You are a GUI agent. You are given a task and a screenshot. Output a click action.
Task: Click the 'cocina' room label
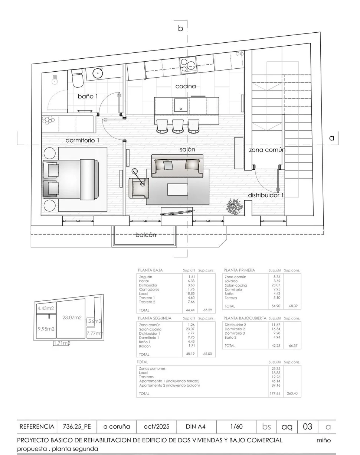pos(186,86)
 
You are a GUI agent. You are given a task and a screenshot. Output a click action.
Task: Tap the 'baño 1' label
pos(88,96)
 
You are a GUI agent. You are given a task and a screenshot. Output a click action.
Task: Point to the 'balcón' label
pos(146,235)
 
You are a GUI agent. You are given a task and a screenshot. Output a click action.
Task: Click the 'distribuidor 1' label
pos(266,195)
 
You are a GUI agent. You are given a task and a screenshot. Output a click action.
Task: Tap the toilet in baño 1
pos(77,78)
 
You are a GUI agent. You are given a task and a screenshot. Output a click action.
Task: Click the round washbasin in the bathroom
pos(98,73)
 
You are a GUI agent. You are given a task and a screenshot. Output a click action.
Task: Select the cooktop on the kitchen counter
pos(189,65)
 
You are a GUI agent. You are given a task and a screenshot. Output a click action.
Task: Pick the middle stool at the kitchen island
pos(178,126)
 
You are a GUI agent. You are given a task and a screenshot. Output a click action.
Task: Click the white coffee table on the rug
pos(177,189)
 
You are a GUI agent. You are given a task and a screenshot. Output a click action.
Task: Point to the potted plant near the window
pos(234,206)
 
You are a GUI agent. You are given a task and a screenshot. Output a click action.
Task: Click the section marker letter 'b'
pos(181,28)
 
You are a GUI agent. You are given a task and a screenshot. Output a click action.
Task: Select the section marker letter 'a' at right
pos(332,138)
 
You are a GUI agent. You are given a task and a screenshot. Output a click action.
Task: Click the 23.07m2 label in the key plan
pos(72,318)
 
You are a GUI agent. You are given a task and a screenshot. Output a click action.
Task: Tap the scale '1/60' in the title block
pos(236,427)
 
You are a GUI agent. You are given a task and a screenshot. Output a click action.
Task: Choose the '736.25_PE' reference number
pos(77,427)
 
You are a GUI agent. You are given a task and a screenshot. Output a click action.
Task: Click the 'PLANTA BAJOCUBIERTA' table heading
pos(245,318)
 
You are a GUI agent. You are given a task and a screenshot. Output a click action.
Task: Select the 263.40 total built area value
pos(292,393)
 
